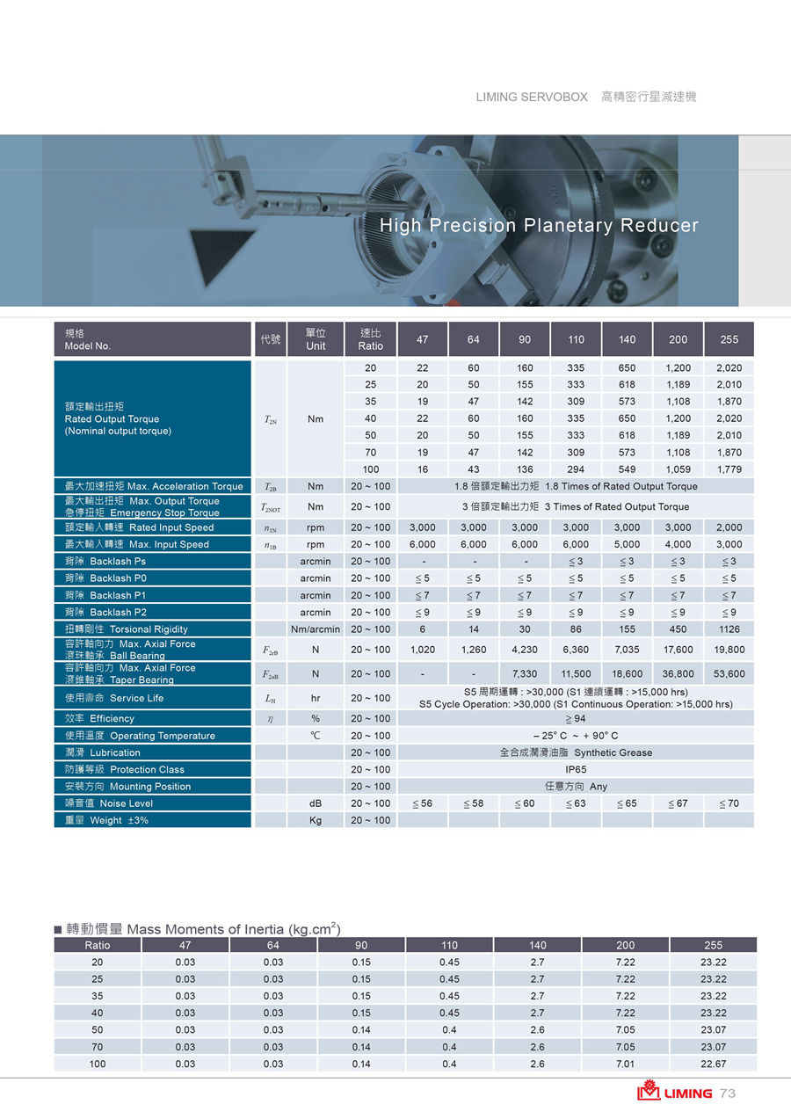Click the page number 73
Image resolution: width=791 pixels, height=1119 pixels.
click(727, 1094)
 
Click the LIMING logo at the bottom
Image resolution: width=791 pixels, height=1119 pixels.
click(675, 1093)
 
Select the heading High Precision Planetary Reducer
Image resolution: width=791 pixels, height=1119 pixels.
click(539, 225)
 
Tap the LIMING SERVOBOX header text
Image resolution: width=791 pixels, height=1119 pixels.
click(532, 97)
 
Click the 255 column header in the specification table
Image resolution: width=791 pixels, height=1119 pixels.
click(729, 339)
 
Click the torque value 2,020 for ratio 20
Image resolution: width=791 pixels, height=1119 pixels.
click(729, 367)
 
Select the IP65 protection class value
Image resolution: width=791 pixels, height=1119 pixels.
click(576, 769)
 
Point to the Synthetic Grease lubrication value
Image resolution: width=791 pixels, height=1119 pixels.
click(576, 752)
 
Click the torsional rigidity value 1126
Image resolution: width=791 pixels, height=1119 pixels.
click(729, 629)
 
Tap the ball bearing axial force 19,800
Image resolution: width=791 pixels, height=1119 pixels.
click(729, 650)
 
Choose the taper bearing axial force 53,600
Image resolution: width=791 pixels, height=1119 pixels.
click(729, 673)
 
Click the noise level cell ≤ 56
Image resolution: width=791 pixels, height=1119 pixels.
click(423, 803)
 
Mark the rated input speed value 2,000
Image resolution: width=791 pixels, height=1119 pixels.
click(729, 527)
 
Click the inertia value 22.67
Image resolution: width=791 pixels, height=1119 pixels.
click(713, 1064)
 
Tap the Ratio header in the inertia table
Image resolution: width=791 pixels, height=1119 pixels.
click(98, 945)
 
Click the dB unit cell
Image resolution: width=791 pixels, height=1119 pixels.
click(315, 803)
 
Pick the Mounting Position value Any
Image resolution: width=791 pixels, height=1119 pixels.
click(576, 787)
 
